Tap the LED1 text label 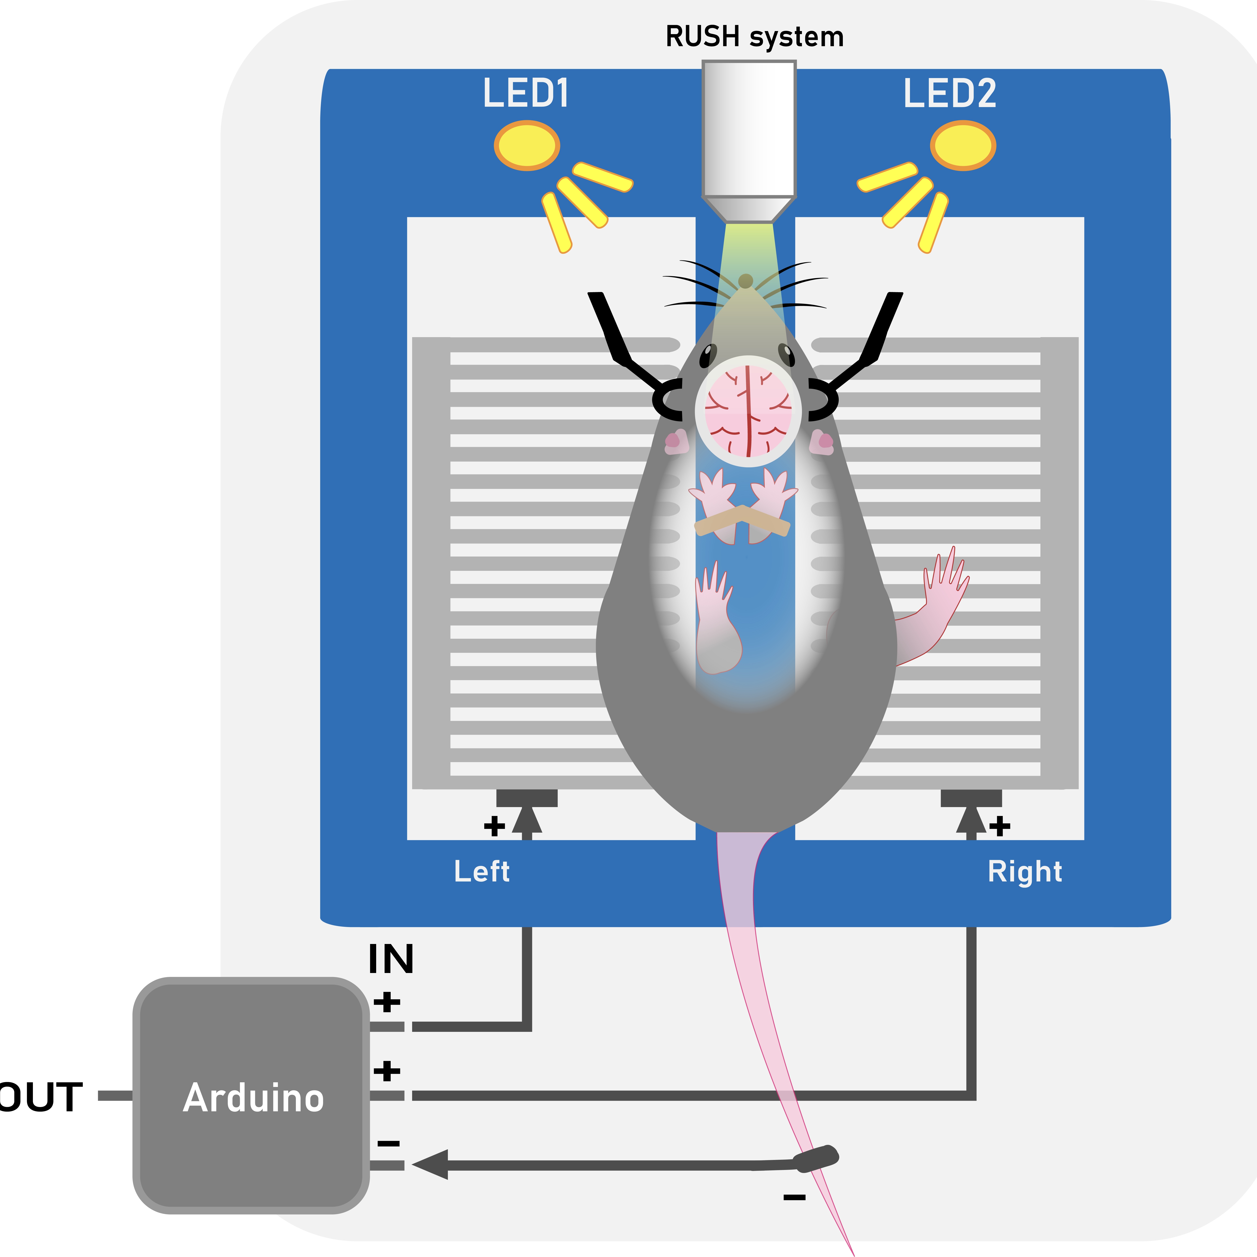click(x=526, y=93)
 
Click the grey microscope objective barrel click(x=749, y=130)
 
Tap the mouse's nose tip click(x=746, y=281)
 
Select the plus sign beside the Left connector click(x=494, y=826)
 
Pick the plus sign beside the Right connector click(x=1000, y=826)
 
